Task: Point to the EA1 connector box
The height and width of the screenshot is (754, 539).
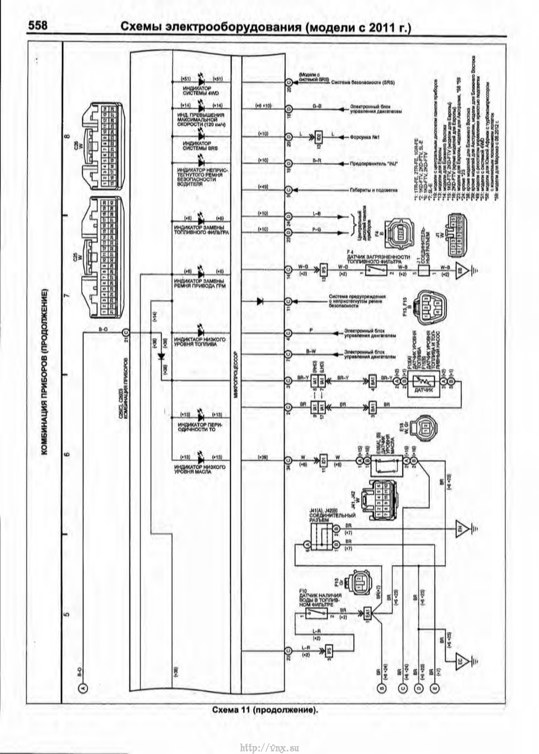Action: click(366, 612)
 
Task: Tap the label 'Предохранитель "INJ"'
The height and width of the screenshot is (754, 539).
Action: click(373, 163)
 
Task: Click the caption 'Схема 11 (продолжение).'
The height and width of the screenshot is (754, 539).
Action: click(265, 710)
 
